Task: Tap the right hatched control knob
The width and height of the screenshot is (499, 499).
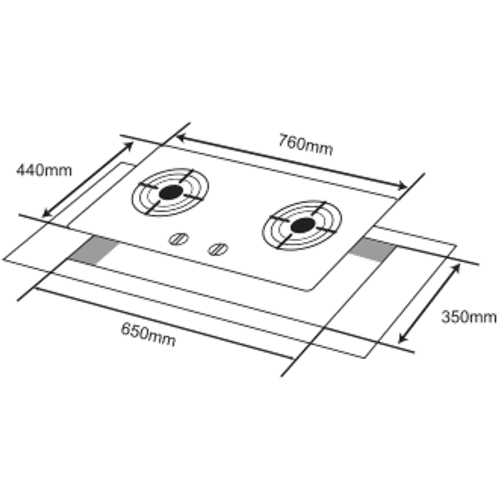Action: (x=217, y=249)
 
